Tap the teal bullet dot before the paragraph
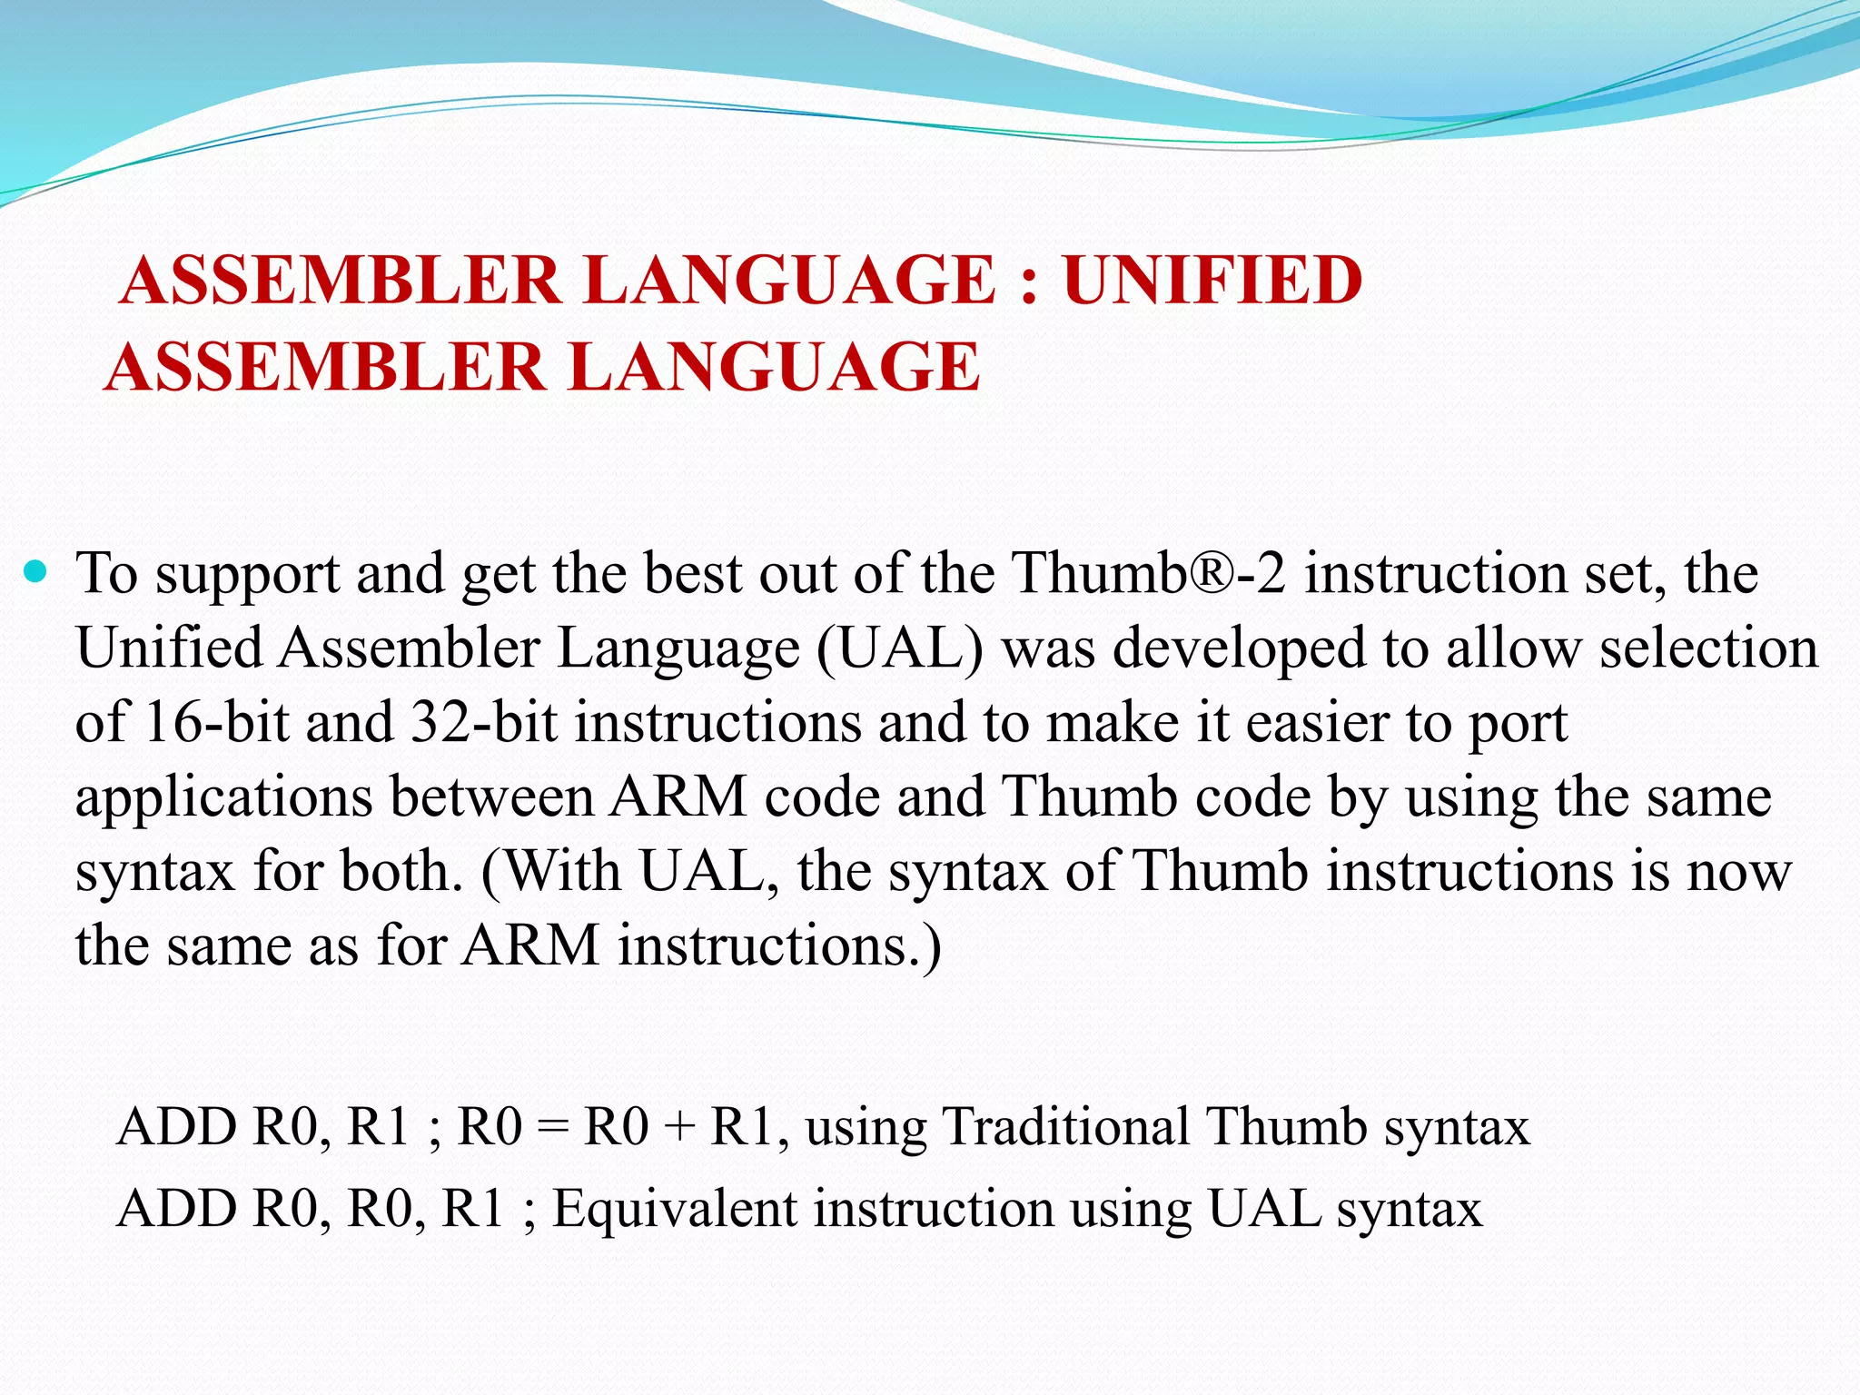[x=35, y=571]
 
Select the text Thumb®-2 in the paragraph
[x=1149, y=574]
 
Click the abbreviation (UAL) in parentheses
[x=899, y=649]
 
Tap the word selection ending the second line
[x=1708, y=649]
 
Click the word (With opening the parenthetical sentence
[x=549, y=872]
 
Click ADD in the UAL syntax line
[x=177, y=1210]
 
